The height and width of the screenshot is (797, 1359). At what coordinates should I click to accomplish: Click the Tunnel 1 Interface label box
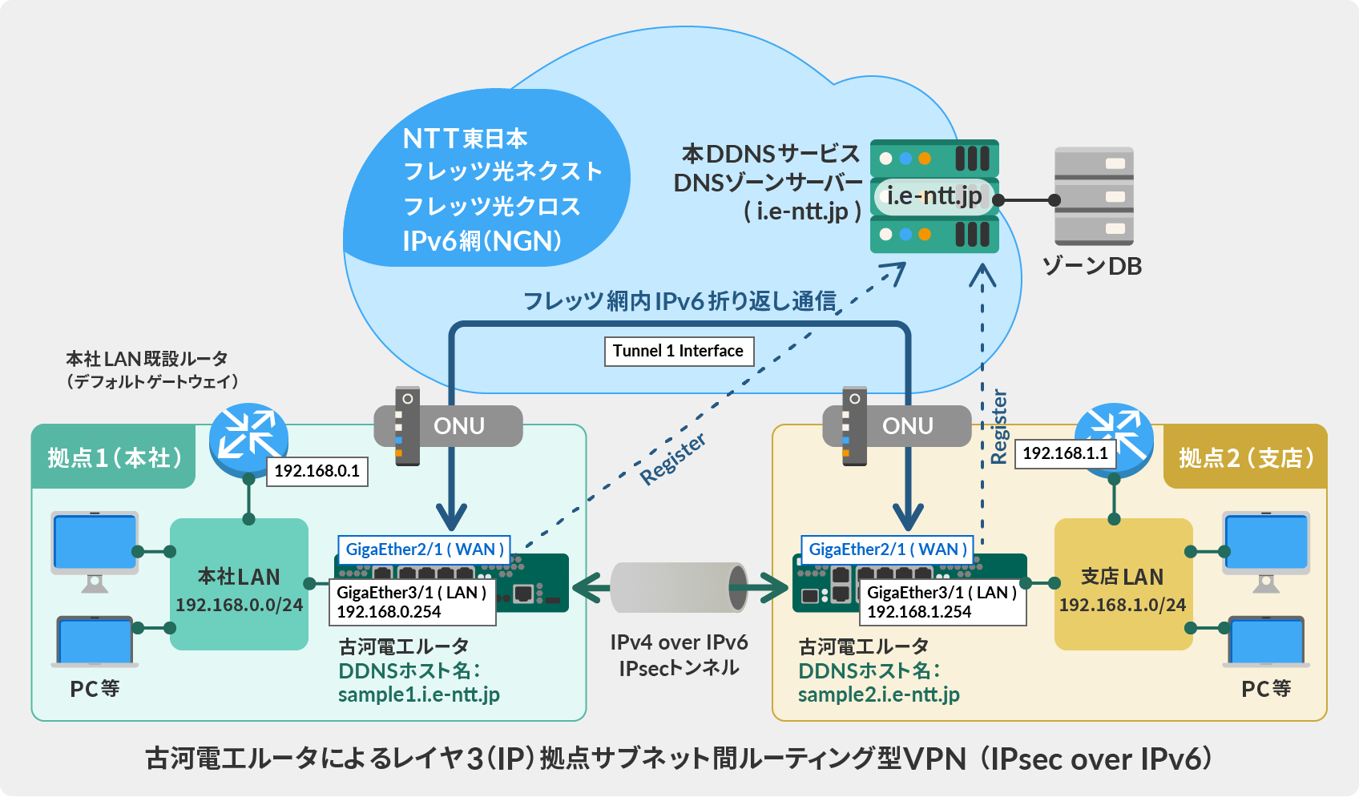[x=678, y=351]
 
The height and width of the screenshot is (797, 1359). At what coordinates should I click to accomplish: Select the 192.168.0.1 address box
[x=317, y=471]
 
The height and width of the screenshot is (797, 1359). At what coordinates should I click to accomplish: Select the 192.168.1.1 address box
[x=1065, y=453]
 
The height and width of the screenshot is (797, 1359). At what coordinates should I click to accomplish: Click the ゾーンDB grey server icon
[x=1094, y=196]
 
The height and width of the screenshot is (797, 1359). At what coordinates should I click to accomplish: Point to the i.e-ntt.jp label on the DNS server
[x=934, y=195]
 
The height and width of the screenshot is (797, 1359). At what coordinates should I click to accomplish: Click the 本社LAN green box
[x=239, y=585]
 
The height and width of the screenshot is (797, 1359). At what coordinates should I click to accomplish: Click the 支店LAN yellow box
[x=1123, y=585]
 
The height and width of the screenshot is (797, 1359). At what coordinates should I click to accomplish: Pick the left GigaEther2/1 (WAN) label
[x=424, y=549]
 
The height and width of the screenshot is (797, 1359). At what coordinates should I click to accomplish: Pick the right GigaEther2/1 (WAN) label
[x=887, y=549]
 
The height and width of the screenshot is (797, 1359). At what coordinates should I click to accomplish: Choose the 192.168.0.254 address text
[x=389, y=612]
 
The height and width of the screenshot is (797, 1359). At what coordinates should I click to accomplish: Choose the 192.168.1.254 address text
[x=919, y=612]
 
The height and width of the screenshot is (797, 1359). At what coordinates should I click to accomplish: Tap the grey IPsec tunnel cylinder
[x=679, y=587]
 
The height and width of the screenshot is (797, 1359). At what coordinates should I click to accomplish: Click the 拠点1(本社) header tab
[x=114, y=458]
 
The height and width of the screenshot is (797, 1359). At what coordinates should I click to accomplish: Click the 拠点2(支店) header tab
[x=1245, y=458]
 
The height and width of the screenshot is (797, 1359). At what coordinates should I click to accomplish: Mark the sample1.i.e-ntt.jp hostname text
[x=418, y=694]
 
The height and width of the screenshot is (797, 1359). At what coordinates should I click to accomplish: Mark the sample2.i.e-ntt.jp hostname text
[x=878, y=694]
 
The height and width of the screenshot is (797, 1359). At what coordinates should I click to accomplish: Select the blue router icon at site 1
[x=248, y=437]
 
